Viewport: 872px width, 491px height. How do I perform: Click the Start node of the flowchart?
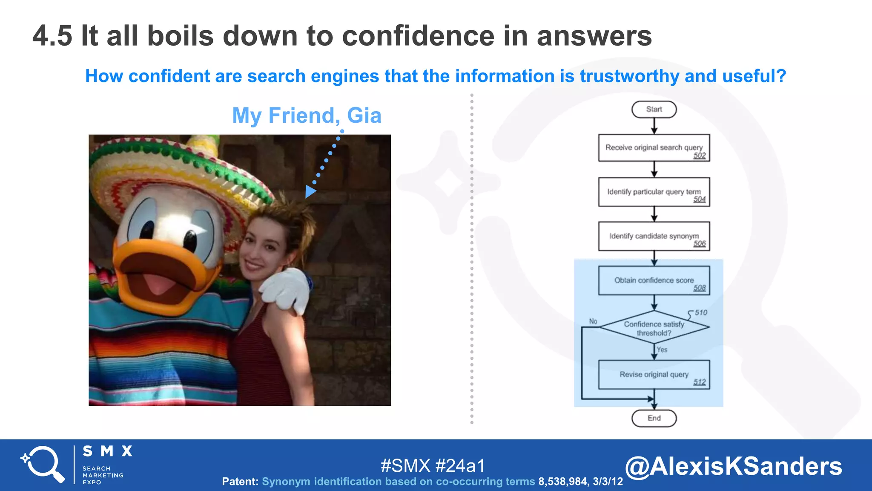pos(654,109)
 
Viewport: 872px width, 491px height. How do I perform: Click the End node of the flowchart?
pos(654,418)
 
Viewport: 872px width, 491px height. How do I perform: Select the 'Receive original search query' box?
pos(654,148)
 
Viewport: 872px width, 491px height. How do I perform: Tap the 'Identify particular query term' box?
pos(654,192)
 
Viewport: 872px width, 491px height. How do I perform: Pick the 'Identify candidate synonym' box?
pos(654,236)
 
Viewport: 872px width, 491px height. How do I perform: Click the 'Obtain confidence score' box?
pos(654,280)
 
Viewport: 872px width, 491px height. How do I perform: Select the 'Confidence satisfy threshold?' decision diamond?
pos(654,328)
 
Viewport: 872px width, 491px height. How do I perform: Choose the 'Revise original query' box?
pos(654,375)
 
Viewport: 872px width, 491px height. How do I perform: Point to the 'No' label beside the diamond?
pos(593,321)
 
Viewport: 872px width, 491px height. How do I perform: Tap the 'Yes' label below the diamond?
pos(662,349)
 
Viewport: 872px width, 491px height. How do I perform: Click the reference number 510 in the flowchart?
pos(701,312)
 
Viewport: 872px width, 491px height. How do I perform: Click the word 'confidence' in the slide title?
pos(417,36)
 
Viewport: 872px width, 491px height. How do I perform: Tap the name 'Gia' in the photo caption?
pos(364,116)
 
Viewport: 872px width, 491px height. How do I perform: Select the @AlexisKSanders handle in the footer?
pos(733,466)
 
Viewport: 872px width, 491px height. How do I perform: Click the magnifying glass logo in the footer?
pos(43,464)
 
